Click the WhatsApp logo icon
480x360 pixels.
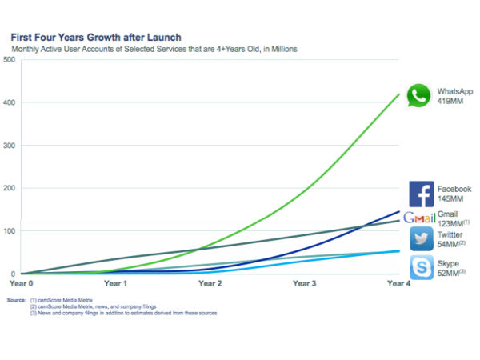(x=418, y=97)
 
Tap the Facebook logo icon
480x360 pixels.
(x=422, y=194)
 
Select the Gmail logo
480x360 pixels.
(x=419, y=218)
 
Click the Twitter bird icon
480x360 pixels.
(x=422, y=238)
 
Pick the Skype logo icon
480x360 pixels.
(x=422, y=267)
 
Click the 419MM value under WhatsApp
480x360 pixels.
(x=450, y=102)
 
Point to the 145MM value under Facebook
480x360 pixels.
(x=450, y=199)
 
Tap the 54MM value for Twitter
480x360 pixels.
(x=449, y=244)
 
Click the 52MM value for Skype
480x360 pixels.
(x=449, y=273)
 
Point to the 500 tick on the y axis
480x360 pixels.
(x=9, y=60)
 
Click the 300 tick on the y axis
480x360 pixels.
(x=9, y=146)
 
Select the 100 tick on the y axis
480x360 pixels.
(x=9, y=231)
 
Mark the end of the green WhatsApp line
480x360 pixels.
(x=400, y=94)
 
